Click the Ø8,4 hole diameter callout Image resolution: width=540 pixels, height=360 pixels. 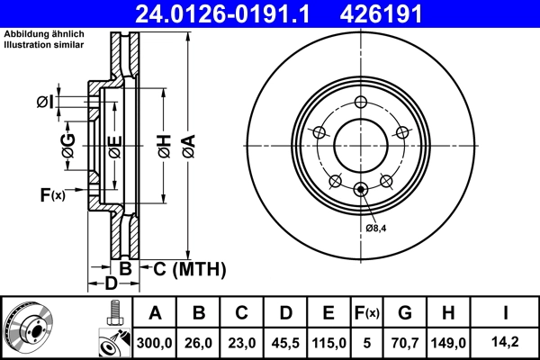coord(376,228)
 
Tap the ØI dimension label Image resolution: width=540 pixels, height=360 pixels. coord(45,103)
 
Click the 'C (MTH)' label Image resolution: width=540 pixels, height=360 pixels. coord(184,268)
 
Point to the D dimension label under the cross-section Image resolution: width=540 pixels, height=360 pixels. coord(110,284)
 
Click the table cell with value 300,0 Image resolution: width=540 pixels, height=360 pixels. coord(155,342)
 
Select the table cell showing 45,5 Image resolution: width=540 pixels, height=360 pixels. coord(285,342)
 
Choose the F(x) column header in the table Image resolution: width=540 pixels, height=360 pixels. coord(366,313)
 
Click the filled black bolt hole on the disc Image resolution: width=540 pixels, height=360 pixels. coord(362,188)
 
